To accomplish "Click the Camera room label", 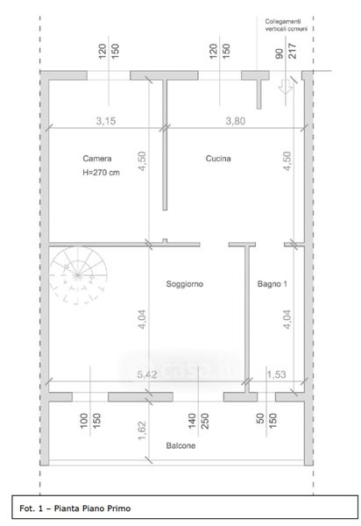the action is tap(97, 159).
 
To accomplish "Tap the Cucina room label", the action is tap(218, 159).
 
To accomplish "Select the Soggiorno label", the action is tap(185, 284).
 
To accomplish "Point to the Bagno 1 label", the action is tap(273, 284).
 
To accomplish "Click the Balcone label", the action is tap(180, 445).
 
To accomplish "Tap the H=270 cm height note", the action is tap(101, 173).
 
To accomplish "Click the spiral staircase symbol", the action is tap(78, 276).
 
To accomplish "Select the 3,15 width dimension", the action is tap(106, 121).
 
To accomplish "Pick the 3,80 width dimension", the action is tap(236, 121).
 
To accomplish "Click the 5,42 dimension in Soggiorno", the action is tap(147, 374).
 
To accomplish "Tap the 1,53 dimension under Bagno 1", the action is tap(276, 374).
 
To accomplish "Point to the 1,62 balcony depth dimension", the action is tap(142, 430).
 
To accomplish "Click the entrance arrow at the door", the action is tap(286, 86).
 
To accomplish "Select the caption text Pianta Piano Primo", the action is tap(92, 508).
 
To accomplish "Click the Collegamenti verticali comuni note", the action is tap(286, 25).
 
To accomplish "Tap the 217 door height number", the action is tap(293, 51).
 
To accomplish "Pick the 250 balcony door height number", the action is tap(205, 421).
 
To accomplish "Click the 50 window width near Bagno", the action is tap(260, 419).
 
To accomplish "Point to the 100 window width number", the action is tap(84, 421).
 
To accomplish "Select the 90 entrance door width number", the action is tap(279, 53).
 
